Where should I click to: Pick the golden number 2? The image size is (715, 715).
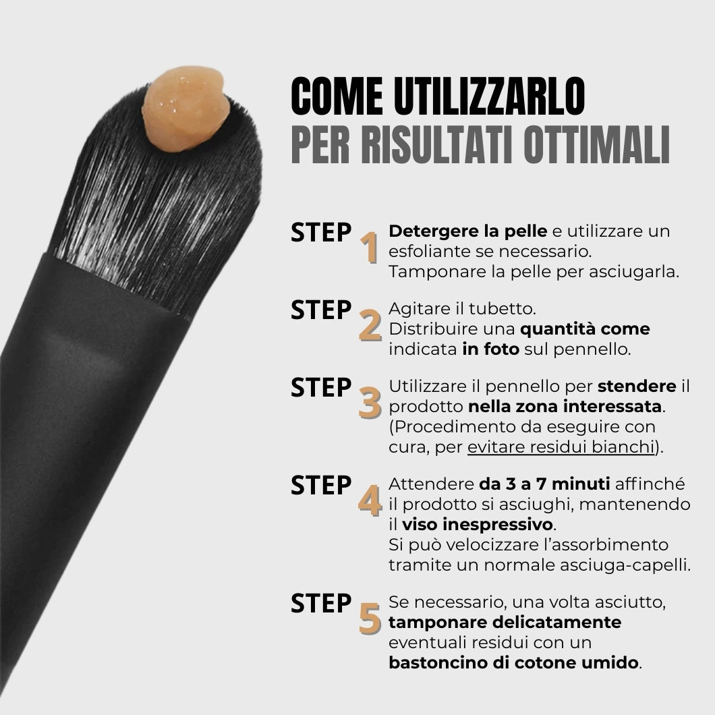tap(370, 325)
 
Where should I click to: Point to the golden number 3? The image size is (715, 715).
tap(370, 403)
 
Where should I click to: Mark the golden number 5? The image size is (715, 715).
tap(370, 619)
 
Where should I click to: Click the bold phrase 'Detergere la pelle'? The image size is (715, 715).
tap(468, 231)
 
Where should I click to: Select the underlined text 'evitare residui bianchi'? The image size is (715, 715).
tap(561, 447)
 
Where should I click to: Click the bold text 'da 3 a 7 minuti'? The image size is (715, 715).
tap(544, 484)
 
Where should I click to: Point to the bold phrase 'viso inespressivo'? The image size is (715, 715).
tap(478, 524)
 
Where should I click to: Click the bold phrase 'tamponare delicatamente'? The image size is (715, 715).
tap(505, 621)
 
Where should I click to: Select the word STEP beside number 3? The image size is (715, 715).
tap(321, 389)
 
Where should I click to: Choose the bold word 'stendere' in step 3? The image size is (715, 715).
tap(637, 387)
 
